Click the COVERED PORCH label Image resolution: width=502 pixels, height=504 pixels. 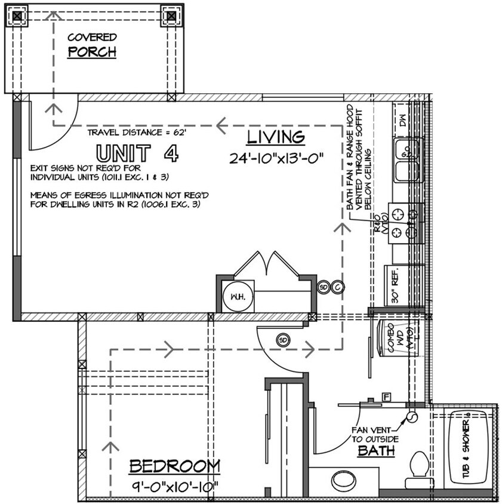pos(91,45)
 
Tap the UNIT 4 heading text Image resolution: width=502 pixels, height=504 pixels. pos(137,153)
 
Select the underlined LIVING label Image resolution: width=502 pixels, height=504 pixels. pos(276,137)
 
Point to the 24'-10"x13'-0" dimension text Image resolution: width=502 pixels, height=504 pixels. pos(276,159)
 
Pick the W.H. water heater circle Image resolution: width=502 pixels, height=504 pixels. pos(238,296)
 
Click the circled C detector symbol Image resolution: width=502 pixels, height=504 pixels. pos(338,287)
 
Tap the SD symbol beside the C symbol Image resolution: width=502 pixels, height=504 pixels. pos(324,287)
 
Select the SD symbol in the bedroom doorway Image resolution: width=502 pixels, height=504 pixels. pos(283,340)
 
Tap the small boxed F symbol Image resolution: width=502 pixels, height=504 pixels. pos(386,397)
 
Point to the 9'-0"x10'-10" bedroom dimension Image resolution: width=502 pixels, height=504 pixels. pos(174,487)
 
